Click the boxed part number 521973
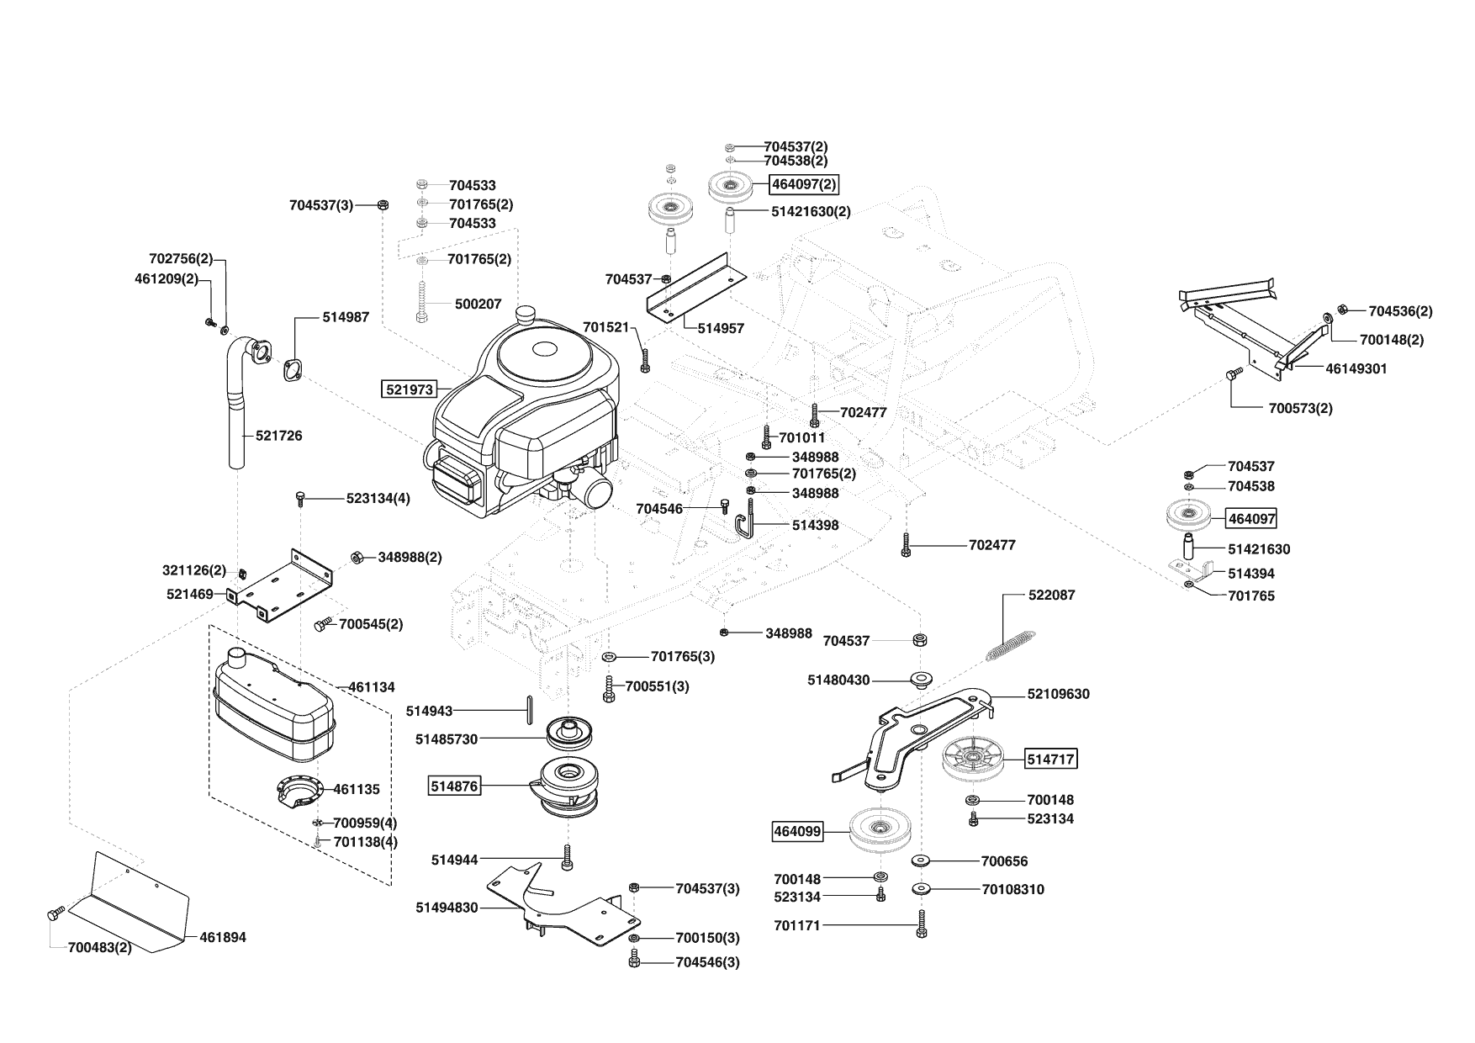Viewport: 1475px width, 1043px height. (x=410, y=389)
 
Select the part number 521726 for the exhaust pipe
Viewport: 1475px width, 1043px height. (x=279, y=436)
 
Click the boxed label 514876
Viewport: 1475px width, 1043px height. (x=454, y=786)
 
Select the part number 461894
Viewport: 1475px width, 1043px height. (x=223, y=937)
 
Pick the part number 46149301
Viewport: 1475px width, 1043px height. (x=1356, y=368)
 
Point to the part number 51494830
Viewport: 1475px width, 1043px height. (x=447, y=908)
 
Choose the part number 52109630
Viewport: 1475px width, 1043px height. (x=1058, y=694)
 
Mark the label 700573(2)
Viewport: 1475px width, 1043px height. (x=1300, y=409)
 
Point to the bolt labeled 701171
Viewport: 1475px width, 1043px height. (x=922, y=925)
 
